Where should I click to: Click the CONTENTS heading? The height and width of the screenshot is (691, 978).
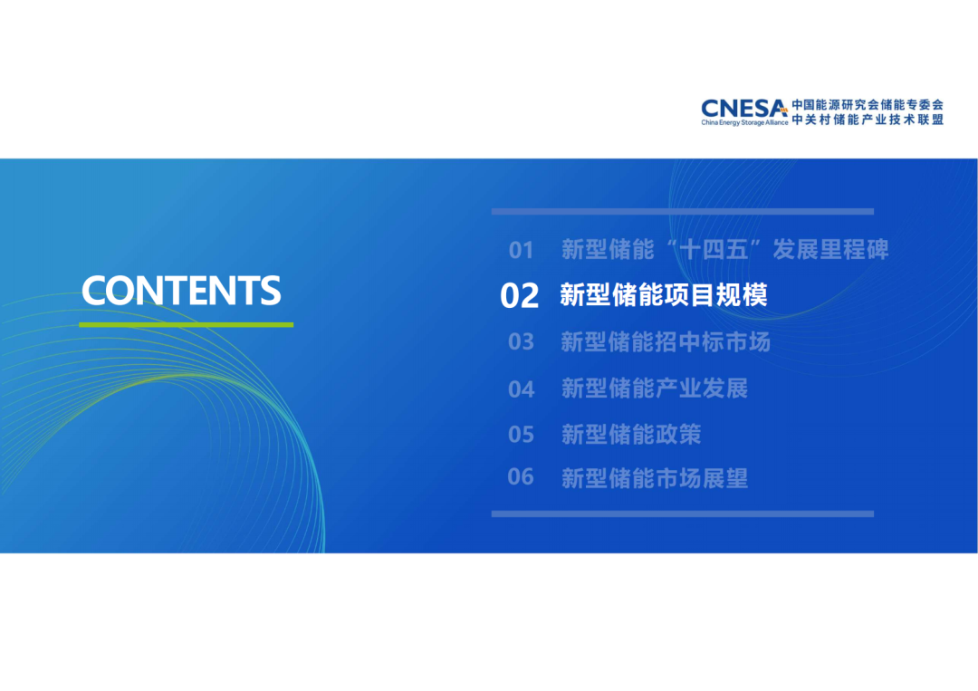pyautogui.click(x=181, y=290)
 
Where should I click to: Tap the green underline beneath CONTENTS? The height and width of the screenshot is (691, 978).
pyautogui.click(x=186, y=324)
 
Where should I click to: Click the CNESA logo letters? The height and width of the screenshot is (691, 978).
pyautogui.click(x=744, y=109)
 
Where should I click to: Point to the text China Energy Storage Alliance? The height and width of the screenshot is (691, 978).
pyautogui.click(x=744, y=123)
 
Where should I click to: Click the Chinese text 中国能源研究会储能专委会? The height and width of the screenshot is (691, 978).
pyautogui.click(x=868, y=105)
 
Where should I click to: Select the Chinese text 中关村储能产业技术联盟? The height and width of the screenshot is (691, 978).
pyautogui.click(x=868, y=120)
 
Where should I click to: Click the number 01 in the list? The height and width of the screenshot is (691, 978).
pyautogui.click(x=521, y=250)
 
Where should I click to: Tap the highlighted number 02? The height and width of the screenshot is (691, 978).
pyautogui.click(x=519, y=295)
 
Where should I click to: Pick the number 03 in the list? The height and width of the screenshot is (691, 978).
pyautogui.click(x=521, y=341)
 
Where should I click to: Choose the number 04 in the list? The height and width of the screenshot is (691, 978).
pyautogui.click(x=521, y=389)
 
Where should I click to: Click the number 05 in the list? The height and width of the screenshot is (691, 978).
pyautogui.click(x=521, y=434)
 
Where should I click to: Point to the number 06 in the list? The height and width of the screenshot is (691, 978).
pyautogui.click(x=521, y=476)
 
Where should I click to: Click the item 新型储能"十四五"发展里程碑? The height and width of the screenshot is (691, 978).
pyautogui.click(x=724, y=249)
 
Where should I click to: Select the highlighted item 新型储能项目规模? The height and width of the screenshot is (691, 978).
pyautogui.click(x=664, y=295)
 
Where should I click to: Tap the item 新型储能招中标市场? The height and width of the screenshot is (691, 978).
pyautogui.click(x=666, y=341)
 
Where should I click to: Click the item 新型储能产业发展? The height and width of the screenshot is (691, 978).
pyautogui.click(x=655, y=389)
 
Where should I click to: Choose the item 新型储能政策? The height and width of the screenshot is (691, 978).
pyautogui.click(x=631, y=434)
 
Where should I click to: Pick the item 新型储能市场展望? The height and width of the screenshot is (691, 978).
pyautogui.click(x=655, y=478)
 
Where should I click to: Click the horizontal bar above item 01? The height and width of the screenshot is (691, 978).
pyautogui.click(x=683, y=211)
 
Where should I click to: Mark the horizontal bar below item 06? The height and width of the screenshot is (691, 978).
pyautogui.click(x=683, y=513)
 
